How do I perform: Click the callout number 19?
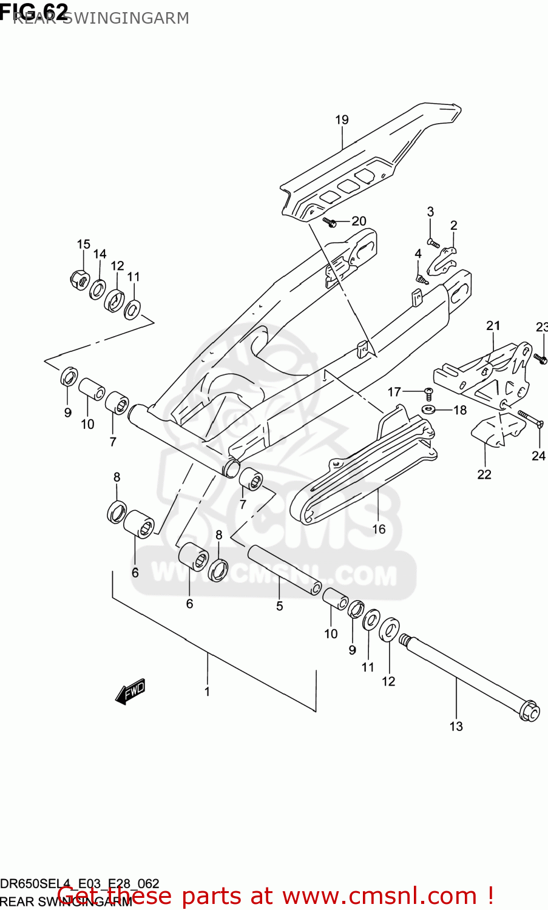(342, 120)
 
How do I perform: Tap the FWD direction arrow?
(130, 692)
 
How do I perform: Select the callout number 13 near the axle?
(456, 726)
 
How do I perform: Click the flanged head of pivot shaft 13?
(529, 711)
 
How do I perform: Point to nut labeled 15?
(79, 280)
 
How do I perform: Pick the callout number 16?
(379, 529)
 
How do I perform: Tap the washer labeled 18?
(428, 409)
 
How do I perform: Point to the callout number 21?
(493, 326)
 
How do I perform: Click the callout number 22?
(484, 474)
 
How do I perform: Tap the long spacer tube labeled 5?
(284, 568)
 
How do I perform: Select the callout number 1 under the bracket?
(207, 691)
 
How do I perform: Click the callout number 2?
(453, 226)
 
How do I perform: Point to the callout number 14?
(100, 254)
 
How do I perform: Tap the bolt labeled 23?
(540, 360)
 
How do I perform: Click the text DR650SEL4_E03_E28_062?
(79, 883)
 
